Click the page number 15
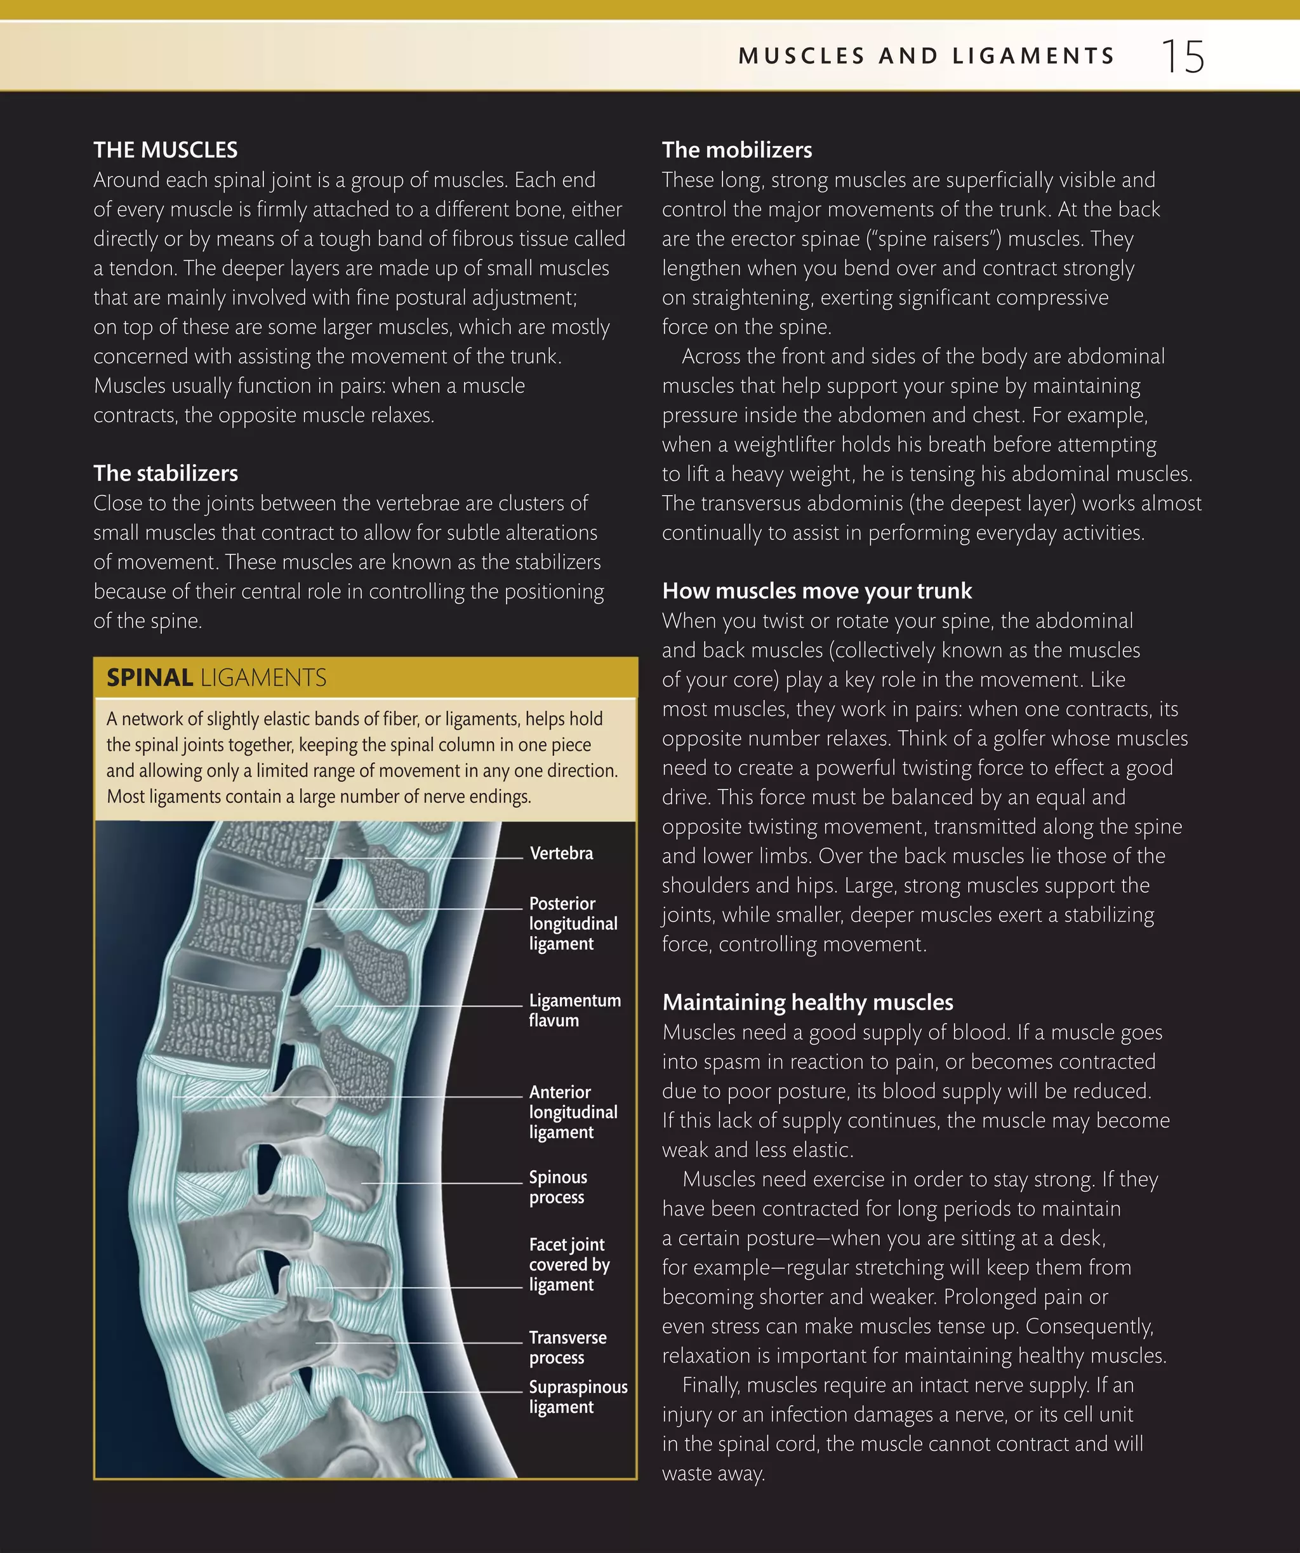(1183, 56)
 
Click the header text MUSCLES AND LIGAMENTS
(927, 56)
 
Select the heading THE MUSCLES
(166, 150)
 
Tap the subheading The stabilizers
(166, 473)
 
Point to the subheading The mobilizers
(736, 150)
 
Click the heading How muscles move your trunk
(816, 591)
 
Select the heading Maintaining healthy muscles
(807, 1002)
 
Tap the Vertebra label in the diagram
(561, 854)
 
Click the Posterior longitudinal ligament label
(573, 923)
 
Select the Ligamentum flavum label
(574, 1010)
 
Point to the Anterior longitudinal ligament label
(573, 1113)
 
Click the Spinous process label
(557, 1187)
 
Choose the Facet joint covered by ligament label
(569, 1265)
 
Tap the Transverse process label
(567, 1347)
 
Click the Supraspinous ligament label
(578, 1397)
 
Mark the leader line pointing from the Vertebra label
(414, 858)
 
